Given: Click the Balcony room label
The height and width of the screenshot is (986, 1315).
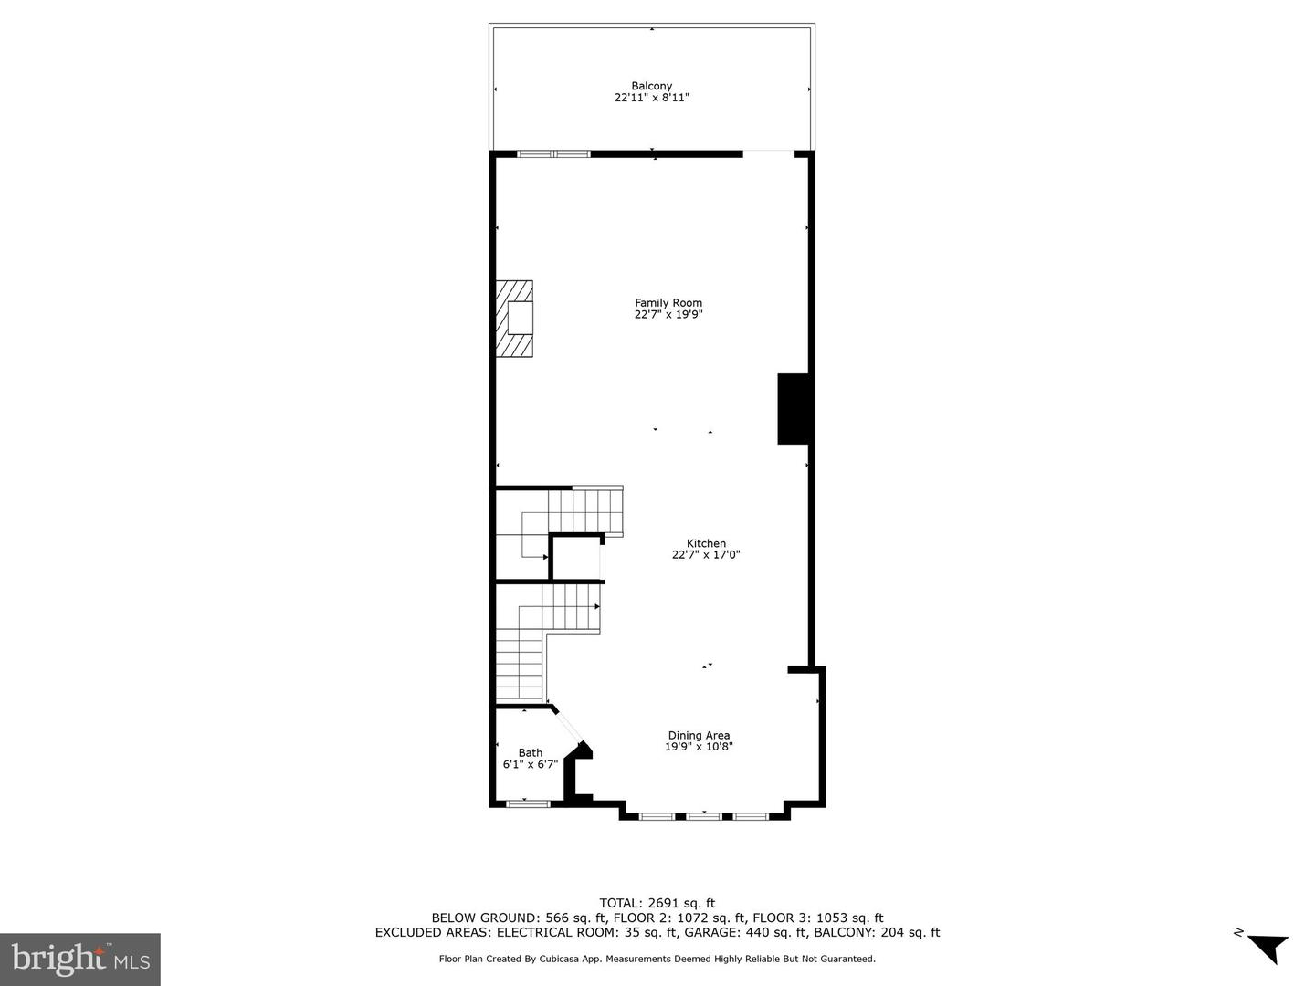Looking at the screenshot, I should pos(651,86).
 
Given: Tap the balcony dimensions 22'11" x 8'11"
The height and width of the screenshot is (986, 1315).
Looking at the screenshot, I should pos(651,97).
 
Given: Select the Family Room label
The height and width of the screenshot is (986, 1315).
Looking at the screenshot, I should pos(668,303).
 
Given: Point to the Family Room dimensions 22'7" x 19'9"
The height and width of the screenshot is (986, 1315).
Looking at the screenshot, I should pos(668,315).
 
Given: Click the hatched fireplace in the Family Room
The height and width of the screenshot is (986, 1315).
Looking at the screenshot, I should pos(515,318).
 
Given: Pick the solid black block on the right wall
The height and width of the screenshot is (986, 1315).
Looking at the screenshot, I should pos(794,409).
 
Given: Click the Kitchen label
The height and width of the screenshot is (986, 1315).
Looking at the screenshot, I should pos(706,543).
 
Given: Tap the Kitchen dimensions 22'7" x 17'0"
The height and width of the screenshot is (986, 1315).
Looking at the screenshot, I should pos(706,554).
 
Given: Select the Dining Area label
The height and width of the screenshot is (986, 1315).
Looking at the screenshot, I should pos(699,735).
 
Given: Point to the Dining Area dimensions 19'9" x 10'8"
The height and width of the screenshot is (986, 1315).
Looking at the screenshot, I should pos(699,747).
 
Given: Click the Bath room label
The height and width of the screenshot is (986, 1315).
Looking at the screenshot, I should pos(531,753).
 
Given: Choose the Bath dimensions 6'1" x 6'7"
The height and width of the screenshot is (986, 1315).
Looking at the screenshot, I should pos(531,765).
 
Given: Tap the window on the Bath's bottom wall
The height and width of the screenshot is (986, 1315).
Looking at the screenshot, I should pos(529,803).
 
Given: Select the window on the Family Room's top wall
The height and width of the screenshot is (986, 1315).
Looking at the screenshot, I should pos(554,153).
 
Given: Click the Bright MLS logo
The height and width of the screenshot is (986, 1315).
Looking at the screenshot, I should pos(80,959).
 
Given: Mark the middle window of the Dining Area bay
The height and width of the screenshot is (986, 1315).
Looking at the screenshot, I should pos(704,815).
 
